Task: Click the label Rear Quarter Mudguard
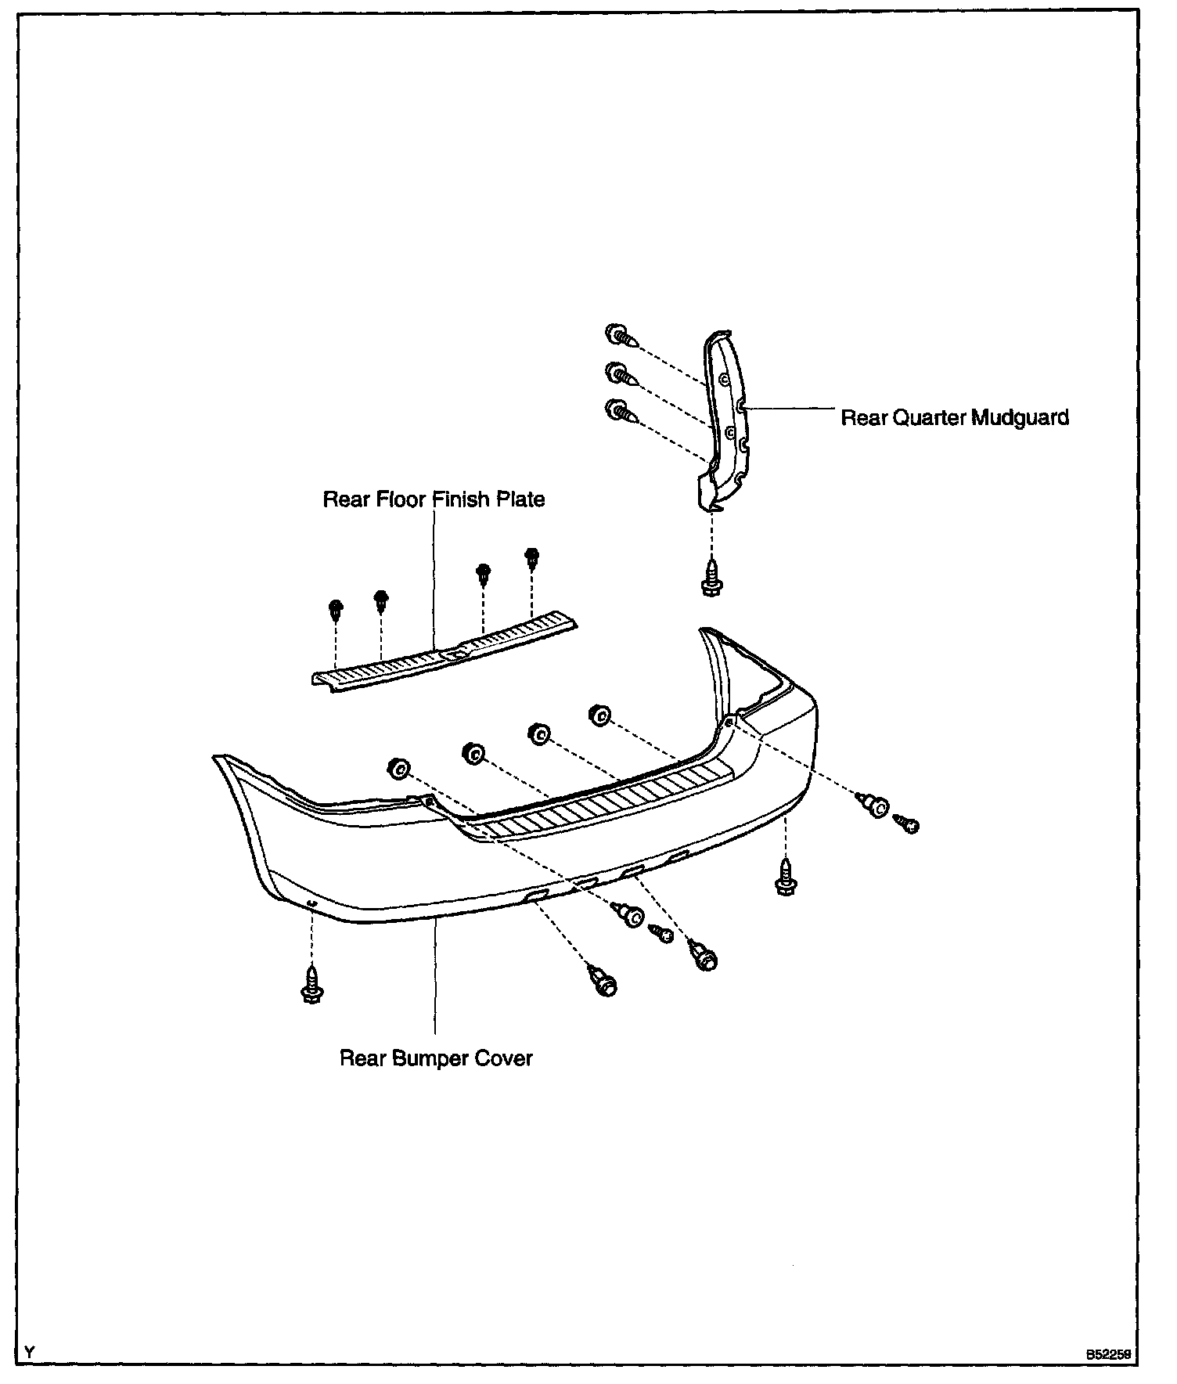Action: pos(954,417)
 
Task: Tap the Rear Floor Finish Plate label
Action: pos(434,499)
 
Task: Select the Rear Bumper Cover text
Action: pos(436,1058)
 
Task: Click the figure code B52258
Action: pos(1108,1353)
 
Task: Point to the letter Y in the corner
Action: pos(30,1352)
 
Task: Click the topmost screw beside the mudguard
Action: pos(621,337)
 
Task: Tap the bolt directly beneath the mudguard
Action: pos(712,575)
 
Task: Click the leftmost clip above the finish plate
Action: pos(335,609)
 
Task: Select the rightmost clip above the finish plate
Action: pos(532,557)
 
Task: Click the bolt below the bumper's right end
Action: pos(785,877)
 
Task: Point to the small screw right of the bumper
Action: pos(907,823)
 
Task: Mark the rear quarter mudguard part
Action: pos(726,423)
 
